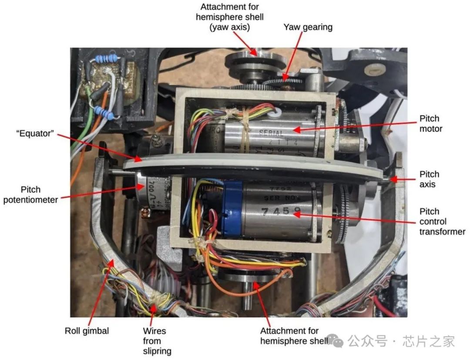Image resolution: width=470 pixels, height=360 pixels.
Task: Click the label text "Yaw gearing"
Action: (x=308, y=27)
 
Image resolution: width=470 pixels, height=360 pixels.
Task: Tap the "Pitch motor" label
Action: (x=429, y=123)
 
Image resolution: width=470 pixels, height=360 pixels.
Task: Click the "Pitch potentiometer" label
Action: (x=30, y=194)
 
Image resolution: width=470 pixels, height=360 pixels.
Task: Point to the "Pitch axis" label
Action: (x=429, y=179)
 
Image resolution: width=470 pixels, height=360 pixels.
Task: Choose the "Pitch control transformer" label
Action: (x=442, y=221)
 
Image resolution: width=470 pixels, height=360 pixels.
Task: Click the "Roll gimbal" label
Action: (x=87, y=331)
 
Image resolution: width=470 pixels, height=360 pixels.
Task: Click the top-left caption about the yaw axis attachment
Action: (x=229, y=17)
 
